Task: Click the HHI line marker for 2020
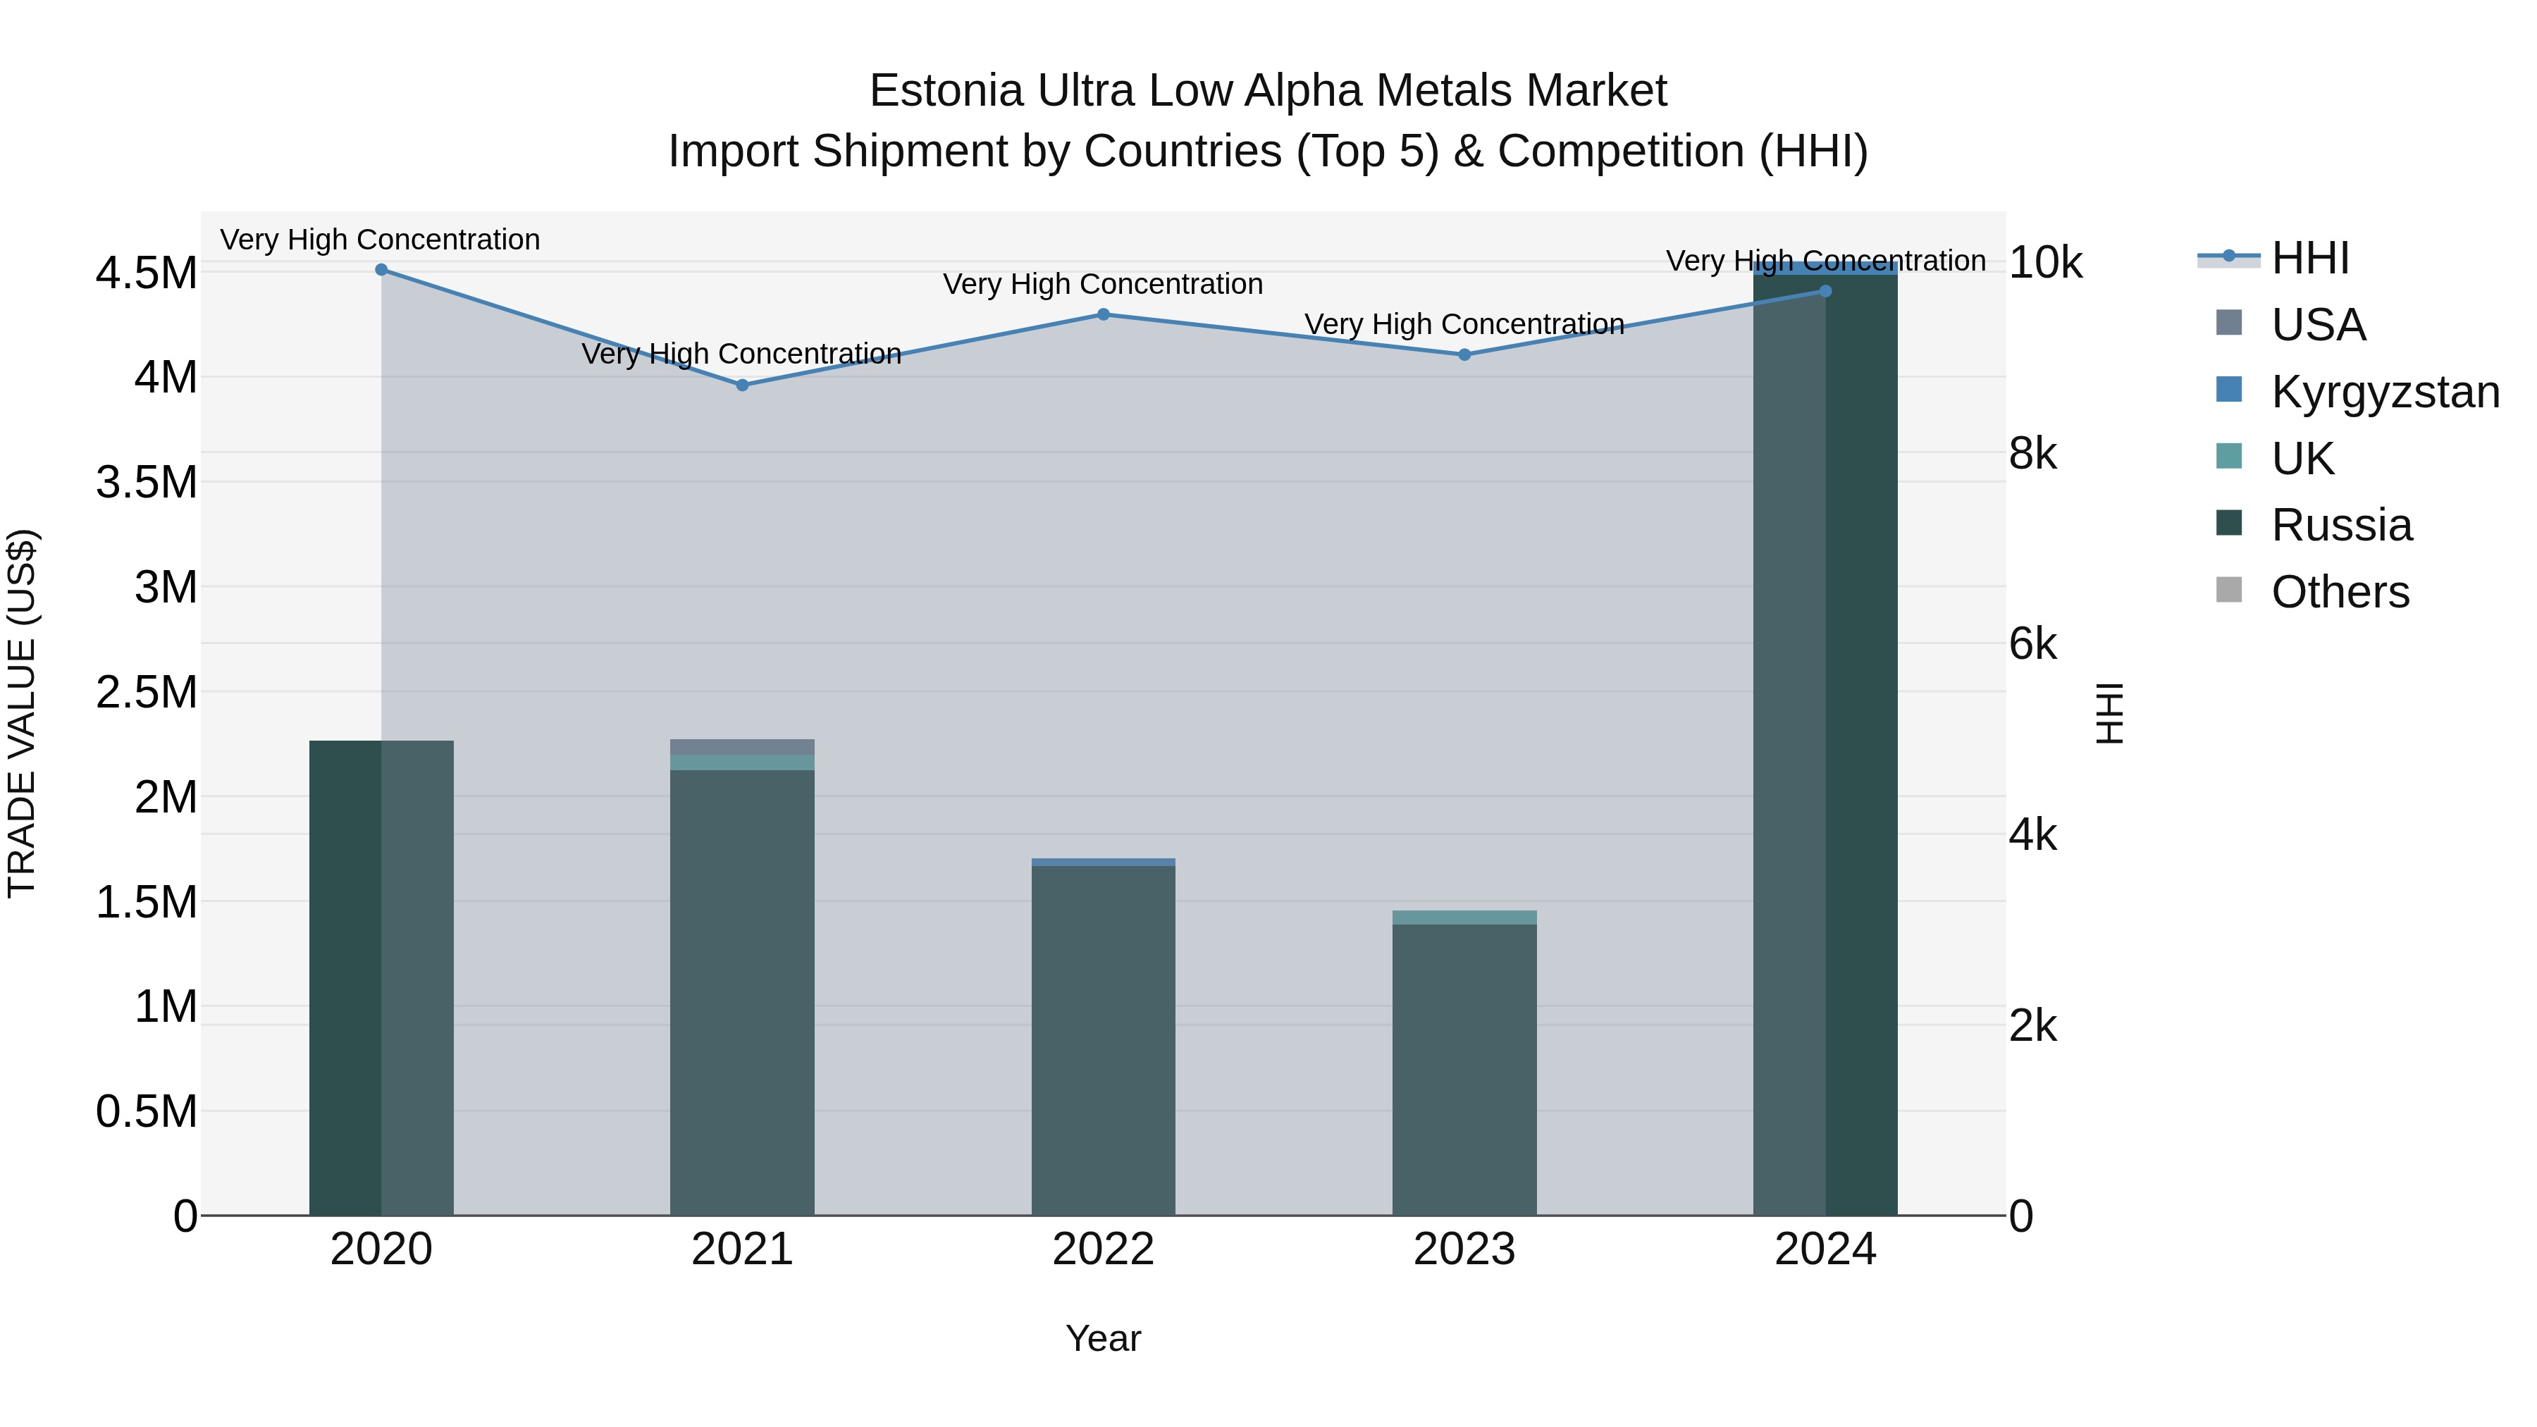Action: [x=381, y=270]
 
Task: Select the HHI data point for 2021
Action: [x=743, y=385]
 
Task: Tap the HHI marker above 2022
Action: [x=1103, y=315]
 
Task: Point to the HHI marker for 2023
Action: [x=1464, y=354]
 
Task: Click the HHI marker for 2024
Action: [x=1825, y=292]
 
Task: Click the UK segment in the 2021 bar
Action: [x=743, y=763]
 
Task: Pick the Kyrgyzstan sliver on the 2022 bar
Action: [x=1103, y=863]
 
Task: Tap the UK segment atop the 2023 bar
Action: [x=1464, y=918]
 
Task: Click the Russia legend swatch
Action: [x=2229, y=524]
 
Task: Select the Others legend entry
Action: [x=2339, y=592]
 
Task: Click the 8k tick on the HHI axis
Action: [x=2032, y=454]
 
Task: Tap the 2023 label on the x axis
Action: [x=1464, y=1249]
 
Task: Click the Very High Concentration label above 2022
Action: [x=1103, y=285]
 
